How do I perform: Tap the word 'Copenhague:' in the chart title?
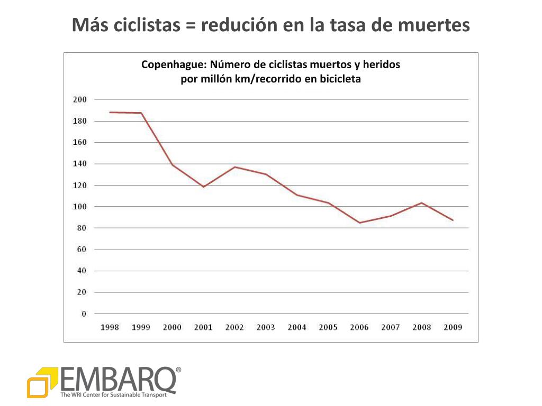click(x=174, y=65)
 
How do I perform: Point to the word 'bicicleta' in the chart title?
click(x=339, y=79)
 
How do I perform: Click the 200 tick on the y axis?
click(x=79, y=99)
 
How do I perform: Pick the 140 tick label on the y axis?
click(x=79, y=164)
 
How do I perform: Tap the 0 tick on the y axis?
click(x=84, y=313)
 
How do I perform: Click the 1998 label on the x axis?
click(x=110, y=327)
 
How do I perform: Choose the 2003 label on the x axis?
click(x=266, y=327)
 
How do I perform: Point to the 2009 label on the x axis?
click(x=453, y=327)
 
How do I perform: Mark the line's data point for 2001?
click(x=203, y=187)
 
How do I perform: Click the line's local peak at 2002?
click(x=234, y=167)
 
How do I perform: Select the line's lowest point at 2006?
click(x=359, y=223)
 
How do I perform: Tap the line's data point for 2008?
click(x=421, y=202)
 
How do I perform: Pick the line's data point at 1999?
click(x=141, y=113)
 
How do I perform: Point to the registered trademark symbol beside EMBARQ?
click(x=178, y=370)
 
